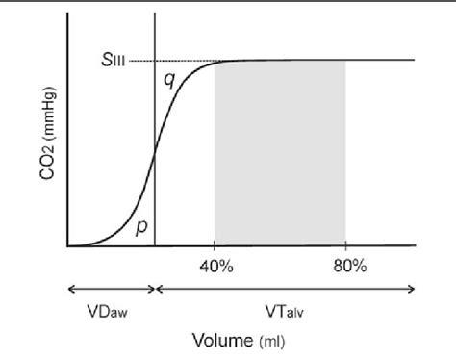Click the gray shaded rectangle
[x=279, y=154]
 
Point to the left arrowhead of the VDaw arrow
[x=68, y=288]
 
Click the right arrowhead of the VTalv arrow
[x=414, y=288]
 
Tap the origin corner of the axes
[x=66, y=246]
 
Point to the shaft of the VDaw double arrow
[x=111, y=288]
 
